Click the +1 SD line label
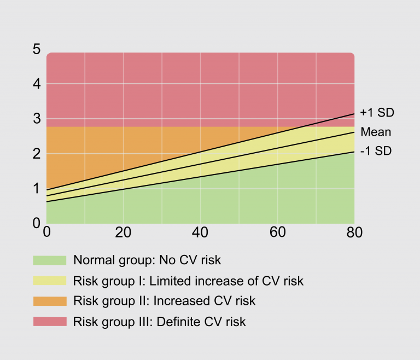(377, 113)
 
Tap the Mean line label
(376, 132)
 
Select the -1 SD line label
(376, 151)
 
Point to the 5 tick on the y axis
(37, 49)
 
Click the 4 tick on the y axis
(37, 84)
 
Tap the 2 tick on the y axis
(37, 154)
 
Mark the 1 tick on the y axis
(37, 189)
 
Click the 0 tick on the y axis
(37, 223)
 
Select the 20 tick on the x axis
(124, 233)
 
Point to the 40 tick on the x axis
(201, 233)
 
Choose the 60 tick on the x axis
(278, 233)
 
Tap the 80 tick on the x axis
(354, 233)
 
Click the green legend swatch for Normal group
(50, 260)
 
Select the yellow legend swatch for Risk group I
(50, 281)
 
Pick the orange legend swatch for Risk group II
(50, 301)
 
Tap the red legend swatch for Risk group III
(50, 321)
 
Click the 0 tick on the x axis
(47, 233)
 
